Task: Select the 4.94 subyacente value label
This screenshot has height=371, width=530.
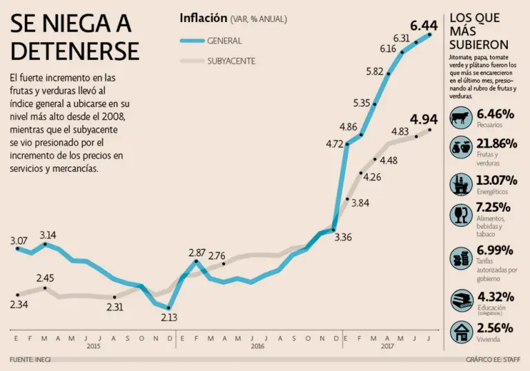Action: tap(424, 119)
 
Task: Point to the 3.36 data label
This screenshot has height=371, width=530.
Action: tap(343, 238)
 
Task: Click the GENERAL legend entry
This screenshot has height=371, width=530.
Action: tap(224, 41)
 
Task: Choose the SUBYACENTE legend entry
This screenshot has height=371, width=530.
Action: tap(231, 61)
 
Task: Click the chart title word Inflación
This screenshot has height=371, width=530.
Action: tap(204, 18)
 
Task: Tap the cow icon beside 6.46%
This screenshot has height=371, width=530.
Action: tap(460, 118)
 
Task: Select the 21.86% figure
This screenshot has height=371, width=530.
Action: tap(497, 143)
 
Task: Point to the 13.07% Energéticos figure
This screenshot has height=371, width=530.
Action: tap(497, 180)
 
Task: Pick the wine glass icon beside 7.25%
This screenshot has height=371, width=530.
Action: tap(460, 214)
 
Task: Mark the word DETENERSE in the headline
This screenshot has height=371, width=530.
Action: tap(75, 50)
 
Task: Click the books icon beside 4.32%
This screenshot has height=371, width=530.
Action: tap(460, 301)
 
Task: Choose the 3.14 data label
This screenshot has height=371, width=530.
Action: tap(48, 235)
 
